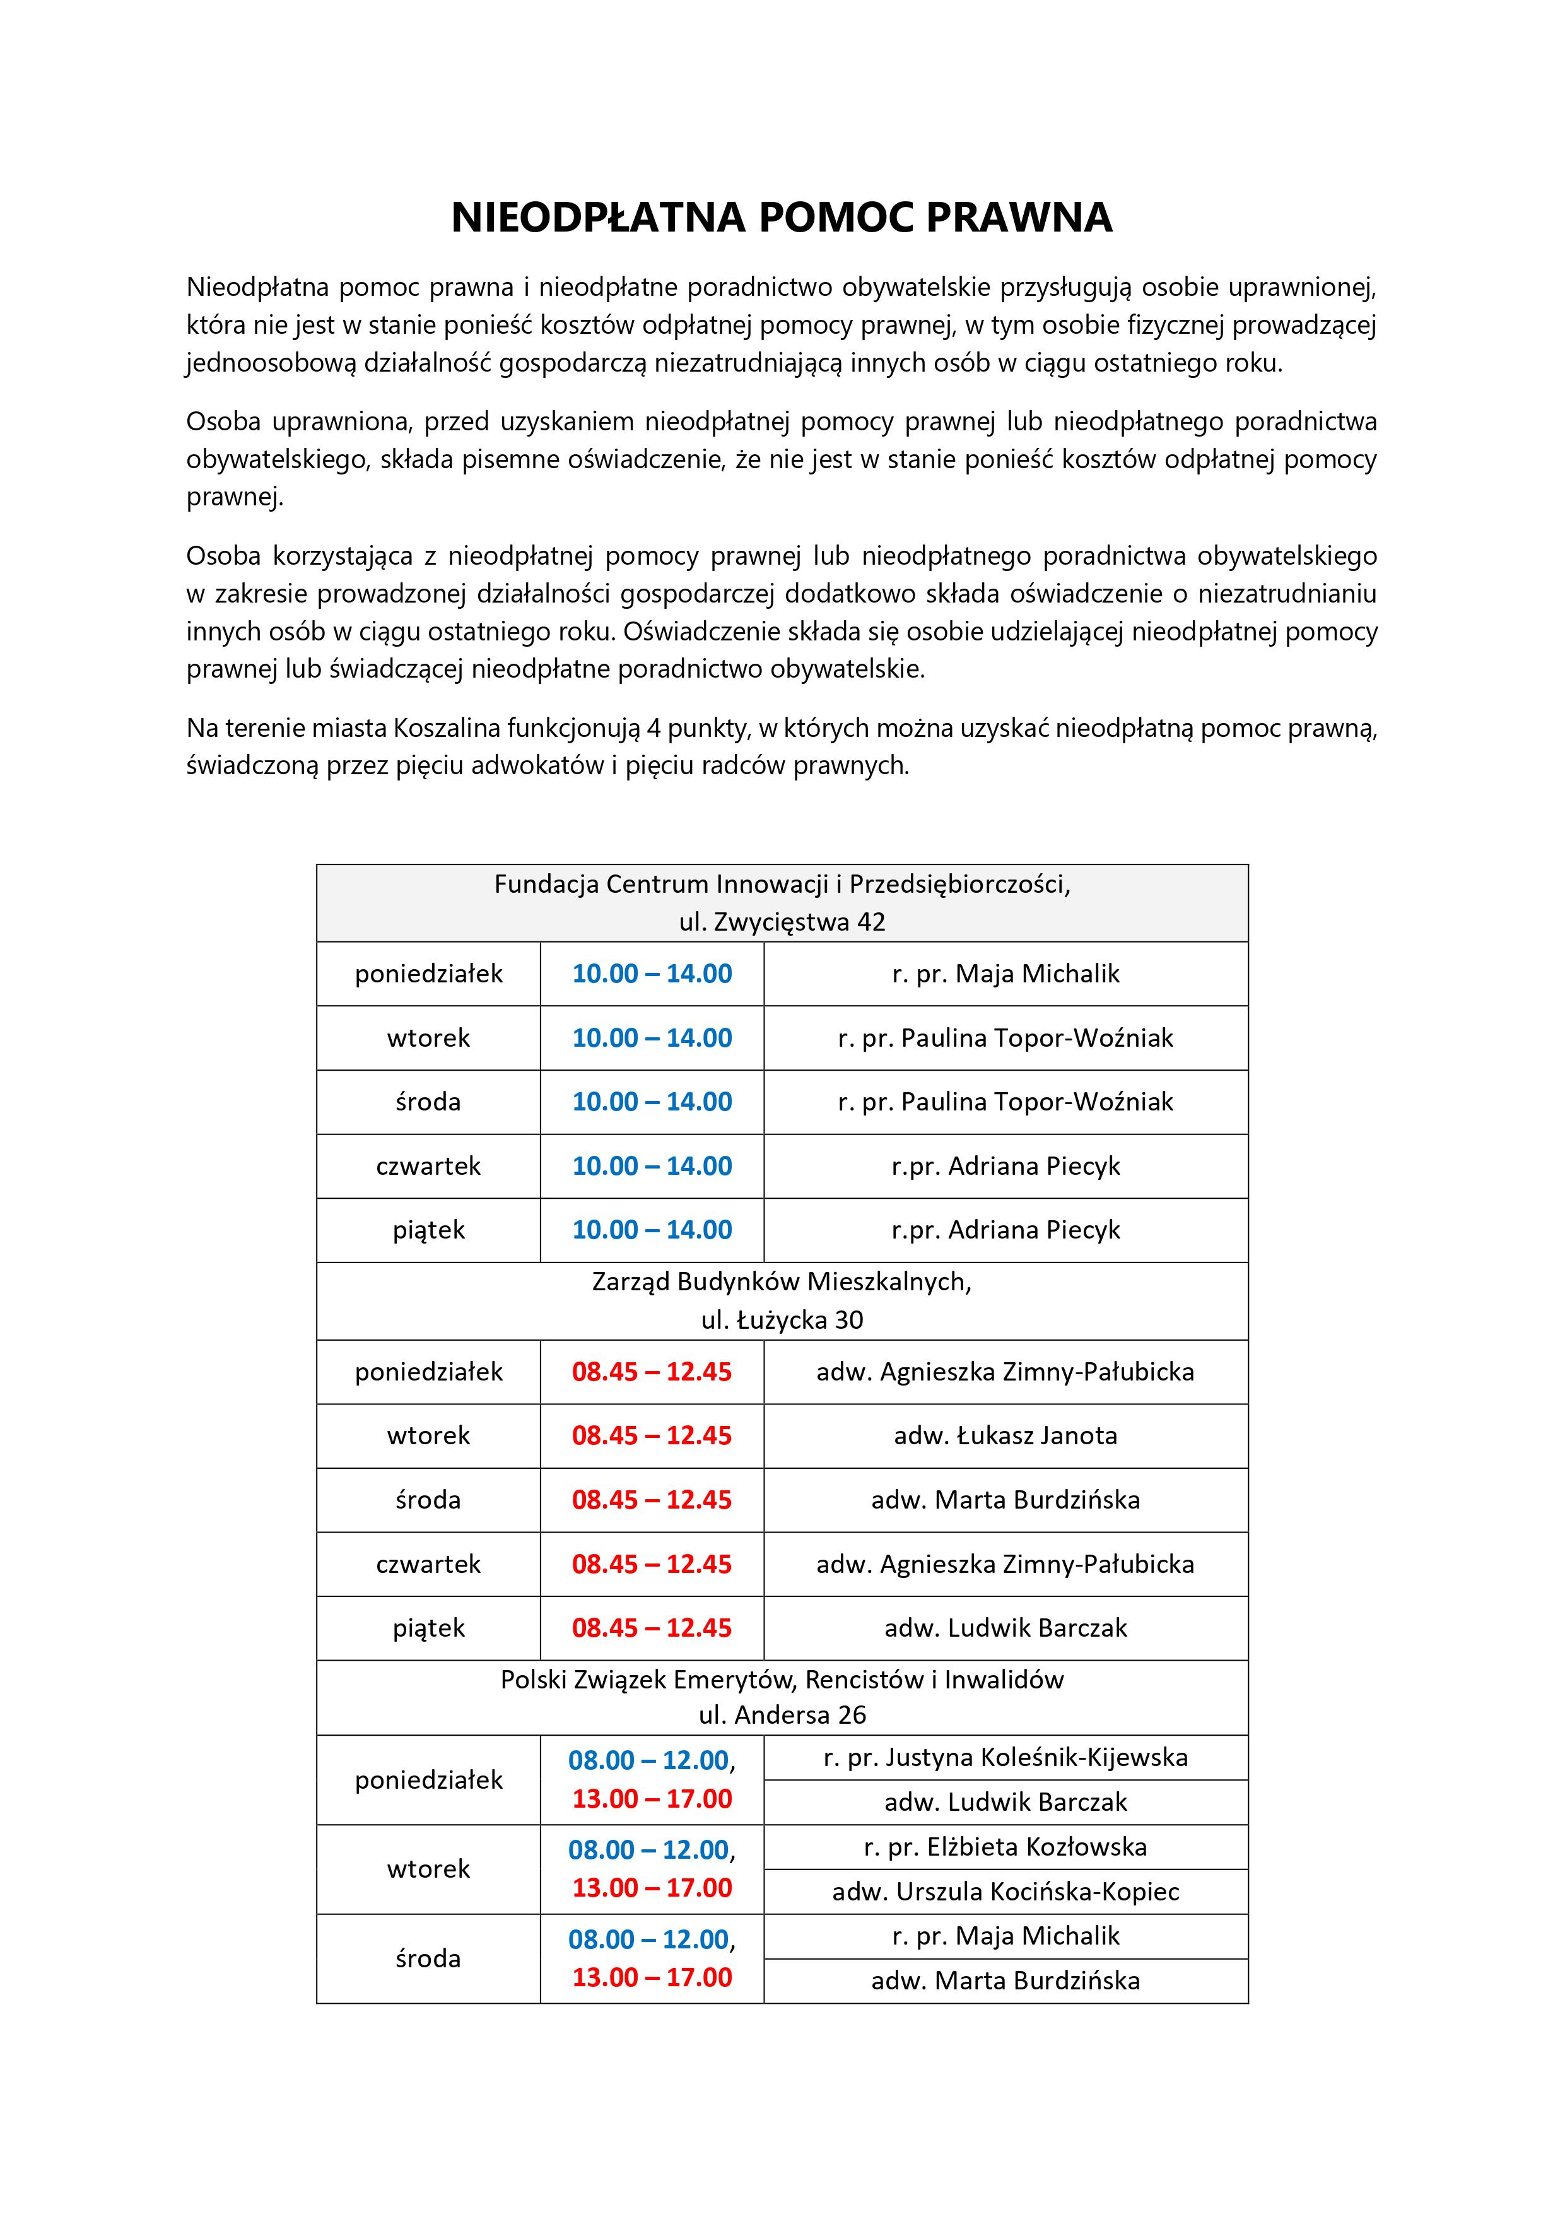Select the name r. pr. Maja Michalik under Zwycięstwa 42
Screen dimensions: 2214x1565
pos(1005,974)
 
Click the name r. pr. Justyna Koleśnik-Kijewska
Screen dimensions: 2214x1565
pos(1005,1757)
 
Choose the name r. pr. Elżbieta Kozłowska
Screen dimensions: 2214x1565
pos(1005,1847)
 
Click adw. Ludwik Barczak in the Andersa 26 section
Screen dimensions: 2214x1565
pos(1005,1801)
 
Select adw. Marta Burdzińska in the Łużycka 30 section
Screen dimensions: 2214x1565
pos(1005,1500)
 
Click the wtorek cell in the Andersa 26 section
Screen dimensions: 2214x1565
pos(428,1869)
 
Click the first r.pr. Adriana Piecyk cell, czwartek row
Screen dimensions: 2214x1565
pos(1005,1166)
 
